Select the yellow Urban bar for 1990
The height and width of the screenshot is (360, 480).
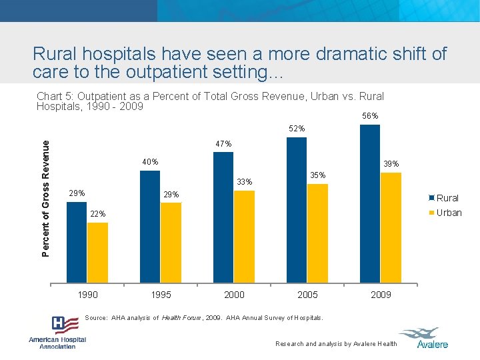click(x=97, y=253)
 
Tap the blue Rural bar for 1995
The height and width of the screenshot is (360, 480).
click(x=151, y=227)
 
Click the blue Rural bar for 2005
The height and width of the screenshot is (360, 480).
click(x=297, y=210)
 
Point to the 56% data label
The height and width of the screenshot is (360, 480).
click(x=370, y=116)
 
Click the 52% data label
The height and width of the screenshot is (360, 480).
click(x=297, y=128)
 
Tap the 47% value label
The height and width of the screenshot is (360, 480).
click(x=223, y=143)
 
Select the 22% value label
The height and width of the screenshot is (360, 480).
click(x=97, y=213)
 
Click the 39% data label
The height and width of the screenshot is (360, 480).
click(x=391, y=164)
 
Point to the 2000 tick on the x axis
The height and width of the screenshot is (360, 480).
click(x=234, y=295)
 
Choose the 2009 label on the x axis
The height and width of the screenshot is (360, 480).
click(x=381, y=295)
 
